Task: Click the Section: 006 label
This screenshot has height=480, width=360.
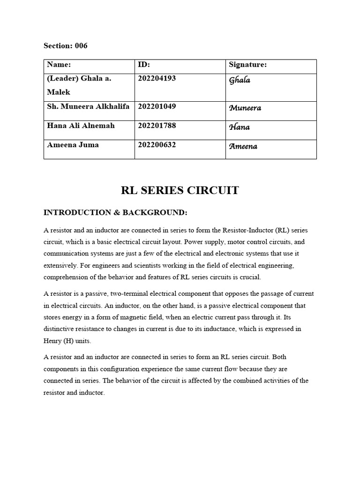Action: pyautogui.click(x=65, y=46)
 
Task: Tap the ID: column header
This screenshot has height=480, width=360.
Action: pyautogui.click(x=144, y=65)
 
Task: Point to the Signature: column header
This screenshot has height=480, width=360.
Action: pyautogui.click(x=247, y=65)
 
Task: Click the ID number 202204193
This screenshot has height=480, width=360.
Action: pyautogui.click(x=157, y=78)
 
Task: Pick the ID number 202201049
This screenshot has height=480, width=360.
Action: pyautogui.click(x=157, y=106)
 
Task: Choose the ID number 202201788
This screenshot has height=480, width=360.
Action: pyautogui.click(x=157, y=126)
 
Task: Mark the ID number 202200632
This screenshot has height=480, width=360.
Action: pyautogui.click(x=157, y=145)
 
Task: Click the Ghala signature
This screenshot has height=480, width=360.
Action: pyautogui.click(x=240, y=80)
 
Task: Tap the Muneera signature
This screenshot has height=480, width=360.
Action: pyautogui.click(x=245, y=108)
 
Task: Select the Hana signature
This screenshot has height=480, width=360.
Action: pyautogui.click(x=239, y=127)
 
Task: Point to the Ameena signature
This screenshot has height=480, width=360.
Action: pyautogui.click(x=243, y=146)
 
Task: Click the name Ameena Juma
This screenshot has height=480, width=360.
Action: pyautogui.click(x=73, y=145)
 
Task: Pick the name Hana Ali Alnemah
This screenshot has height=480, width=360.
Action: pyautogui.click(x=81, y=126)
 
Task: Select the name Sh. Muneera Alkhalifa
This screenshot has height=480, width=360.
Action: pyautogui.click(x=89, y=106)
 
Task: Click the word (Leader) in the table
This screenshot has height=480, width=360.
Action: pyautogui.click(x=63, y=78)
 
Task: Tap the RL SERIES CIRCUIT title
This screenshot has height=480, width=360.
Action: pyautogui.click(x=180, y=190)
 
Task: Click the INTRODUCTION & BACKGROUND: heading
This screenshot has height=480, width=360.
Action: pyautogui.click(x=115, y=213)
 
